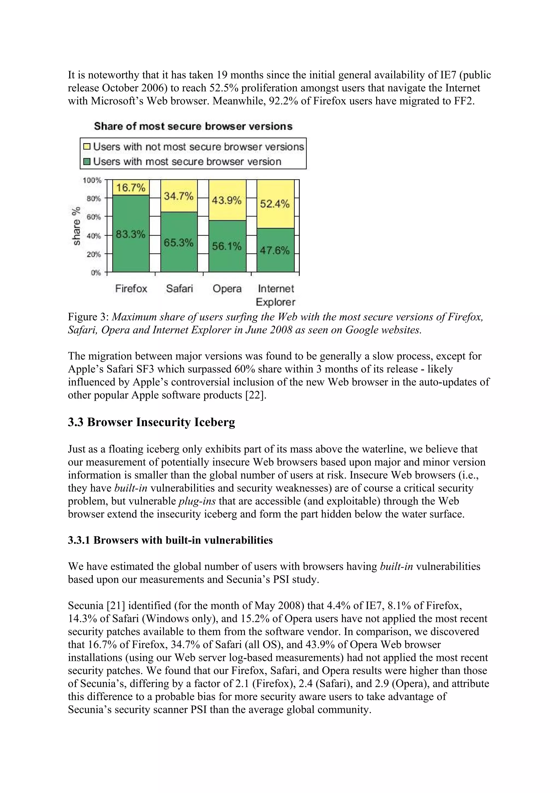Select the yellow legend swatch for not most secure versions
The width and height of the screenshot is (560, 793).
coord(87,147)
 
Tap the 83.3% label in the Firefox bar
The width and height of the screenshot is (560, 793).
coord(130,235)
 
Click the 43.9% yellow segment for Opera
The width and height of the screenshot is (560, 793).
coord(226,200)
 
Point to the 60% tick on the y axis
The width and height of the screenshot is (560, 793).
coord(94,217)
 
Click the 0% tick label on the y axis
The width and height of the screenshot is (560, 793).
coord(96,273)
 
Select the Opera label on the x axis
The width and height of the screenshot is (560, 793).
coord(227,289)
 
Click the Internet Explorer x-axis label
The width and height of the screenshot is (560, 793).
coord(275,295)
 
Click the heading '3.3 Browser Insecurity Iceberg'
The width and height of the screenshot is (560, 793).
coord(151,422)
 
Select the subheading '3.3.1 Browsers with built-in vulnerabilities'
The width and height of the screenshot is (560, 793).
coord(170,540)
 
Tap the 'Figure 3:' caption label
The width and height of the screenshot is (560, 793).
coord(88,317)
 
